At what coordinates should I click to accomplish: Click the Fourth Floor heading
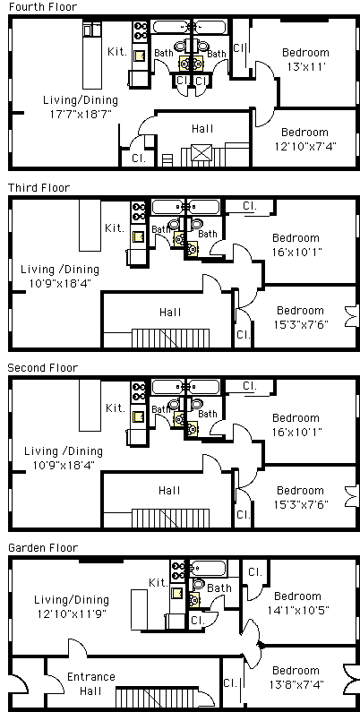pyautogui.click(x=43, y=7)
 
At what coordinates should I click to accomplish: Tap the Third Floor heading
pyautogui.click(x=39, y=187)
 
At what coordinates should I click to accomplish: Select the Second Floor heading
pyautogui.click(x=43, y=367)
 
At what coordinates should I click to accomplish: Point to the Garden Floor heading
pyautogui.click(x=43, y=547)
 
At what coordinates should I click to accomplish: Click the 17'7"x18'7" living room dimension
pyautogui.click(x=81, y=114)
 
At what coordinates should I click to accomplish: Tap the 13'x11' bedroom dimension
pyautogui.click(x=307, y=66)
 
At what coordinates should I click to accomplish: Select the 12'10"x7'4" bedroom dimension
pyautogui.click(x=304, y=146)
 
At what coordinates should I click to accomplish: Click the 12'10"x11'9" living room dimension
pyautogui.click(x=72, y=613)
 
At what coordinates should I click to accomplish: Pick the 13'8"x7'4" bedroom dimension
pyautogui.click(x=297, y=684)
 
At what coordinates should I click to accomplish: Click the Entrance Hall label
pyautogui.click(x=90, y=684)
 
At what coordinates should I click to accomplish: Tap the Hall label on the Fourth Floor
pyautogui.click(x=202, y=129)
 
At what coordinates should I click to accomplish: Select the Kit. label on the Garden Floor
pyautogui.click(x=159, y=583)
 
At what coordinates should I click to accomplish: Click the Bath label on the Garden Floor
pyautogui.click(x=219, y=588)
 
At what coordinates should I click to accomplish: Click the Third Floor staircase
pyautogui.click(x=171, y=339)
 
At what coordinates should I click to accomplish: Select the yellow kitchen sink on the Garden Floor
pyautogui.click(x=177, y=593)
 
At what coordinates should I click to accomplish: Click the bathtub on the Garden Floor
pyautogui.click(x=208, y=568)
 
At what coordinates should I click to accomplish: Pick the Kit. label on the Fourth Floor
pyautogui.click(x=117, y=52)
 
